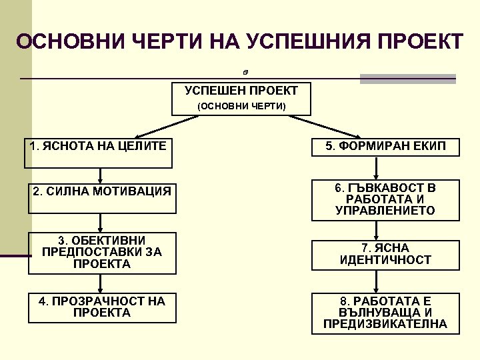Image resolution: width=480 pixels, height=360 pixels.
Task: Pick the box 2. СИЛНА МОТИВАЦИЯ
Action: click(102, 198)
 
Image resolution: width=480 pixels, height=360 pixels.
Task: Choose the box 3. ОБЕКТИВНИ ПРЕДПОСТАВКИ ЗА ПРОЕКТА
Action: click(102, 253)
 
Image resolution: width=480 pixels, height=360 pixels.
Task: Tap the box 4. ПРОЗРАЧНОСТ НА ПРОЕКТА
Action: click(102, 307)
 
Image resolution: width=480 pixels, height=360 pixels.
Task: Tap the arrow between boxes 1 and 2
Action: click(100, 175)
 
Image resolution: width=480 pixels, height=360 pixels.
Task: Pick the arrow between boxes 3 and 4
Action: click(100, 283)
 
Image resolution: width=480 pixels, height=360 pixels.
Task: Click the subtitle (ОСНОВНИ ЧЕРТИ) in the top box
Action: click(241, 107)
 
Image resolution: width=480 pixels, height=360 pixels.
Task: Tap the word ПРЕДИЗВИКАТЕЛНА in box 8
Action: click(385, 325)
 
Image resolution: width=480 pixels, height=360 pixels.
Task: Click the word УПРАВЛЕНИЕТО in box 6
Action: click(385, 211)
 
